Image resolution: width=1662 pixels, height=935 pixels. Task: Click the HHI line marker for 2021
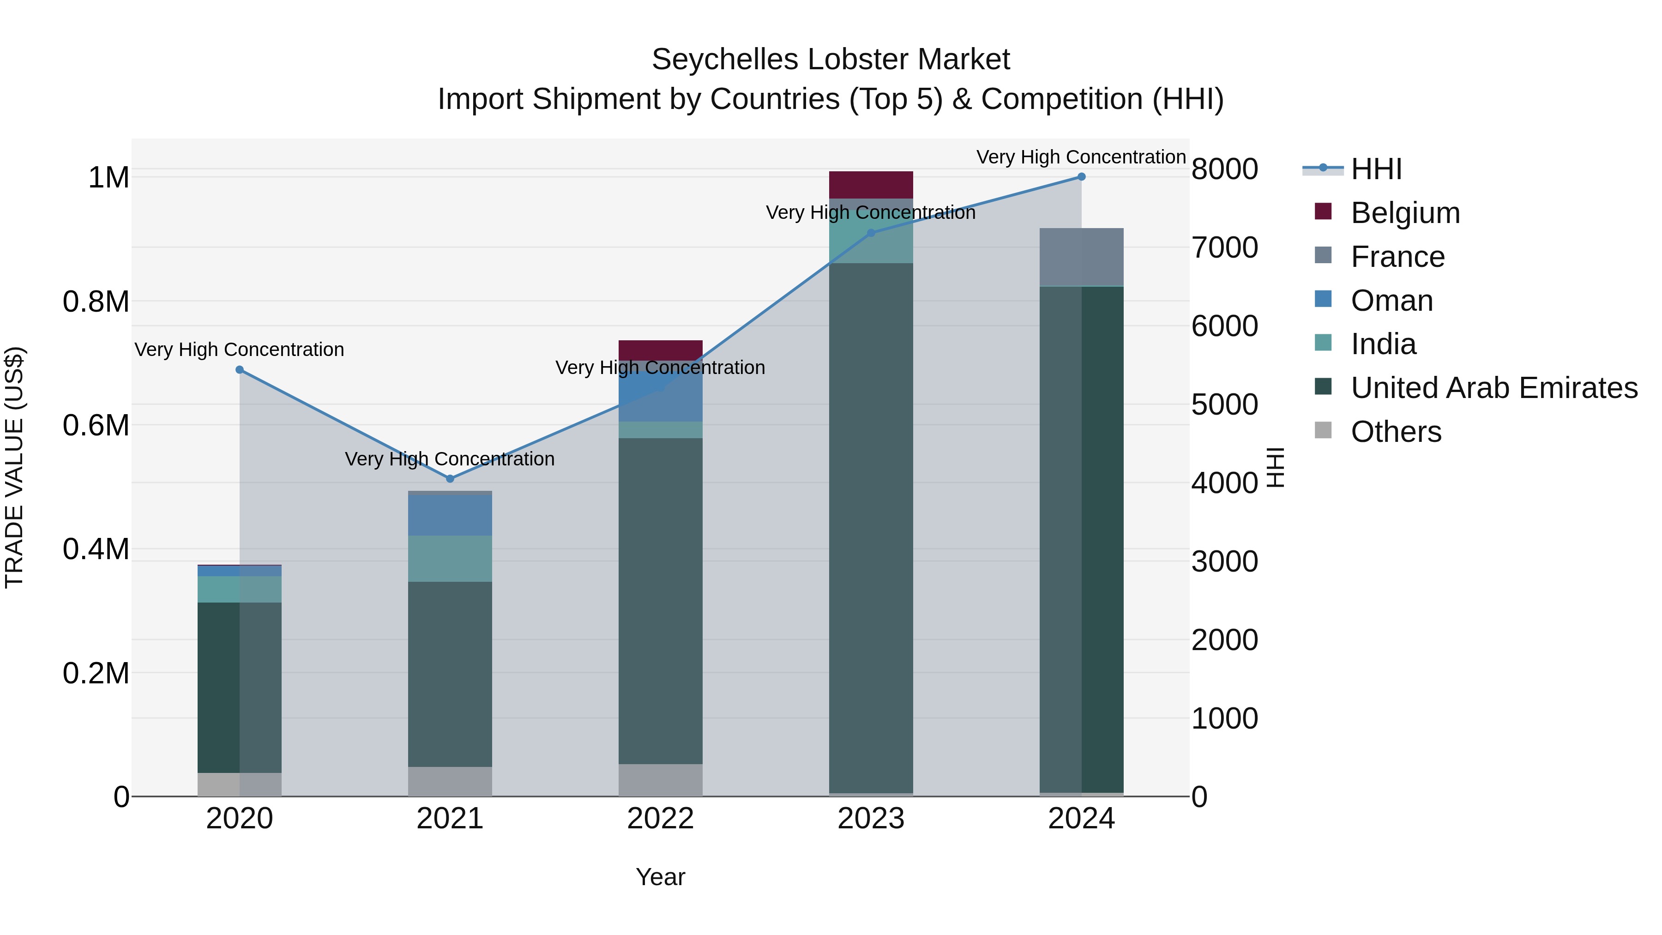point(450,479)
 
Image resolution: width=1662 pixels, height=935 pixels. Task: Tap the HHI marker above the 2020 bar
point(239,370)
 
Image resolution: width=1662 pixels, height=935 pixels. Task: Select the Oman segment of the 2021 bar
point(450,515)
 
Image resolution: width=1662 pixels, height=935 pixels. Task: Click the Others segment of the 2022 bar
point(660,780)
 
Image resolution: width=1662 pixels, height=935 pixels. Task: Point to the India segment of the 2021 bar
point(450,559)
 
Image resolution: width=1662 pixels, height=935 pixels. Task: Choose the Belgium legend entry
point(1404,213)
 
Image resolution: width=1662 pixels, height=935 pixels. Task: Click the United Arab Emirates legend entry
point(1493,388)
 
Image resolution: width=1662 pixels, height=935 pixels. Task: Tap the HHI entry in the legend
point(1376,169)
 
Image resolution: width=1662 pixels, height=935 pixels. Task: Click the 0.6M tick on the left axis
point(96,426)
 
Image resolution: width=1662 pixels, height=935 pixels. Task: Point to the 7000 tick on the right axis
point(1224,248)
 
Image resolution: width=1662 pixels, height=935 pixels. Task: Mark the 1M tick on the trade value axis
point(108,177)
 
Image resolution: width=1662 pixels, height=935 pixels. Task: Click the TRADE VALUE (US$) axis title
point(14,467)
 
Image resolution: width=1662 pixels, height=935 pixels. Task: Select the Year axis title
point(660,877)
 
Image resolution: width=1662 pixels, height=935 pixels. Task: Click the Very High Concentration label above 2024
point(1081,157)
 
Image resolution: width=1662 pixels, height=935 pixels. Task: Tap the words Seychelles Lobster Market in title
point(831,60)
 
